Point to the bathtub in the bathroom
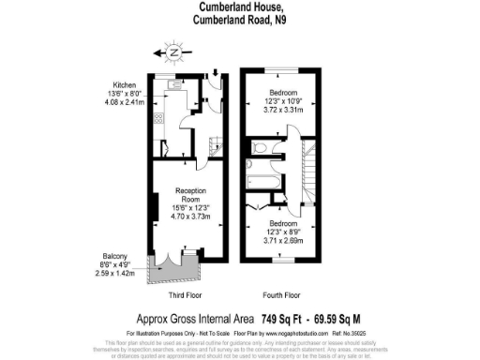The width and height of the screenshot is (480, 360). (x=256, y=174)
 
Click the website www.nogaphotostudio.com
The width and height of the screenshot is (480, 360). (x=279, y=332)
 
